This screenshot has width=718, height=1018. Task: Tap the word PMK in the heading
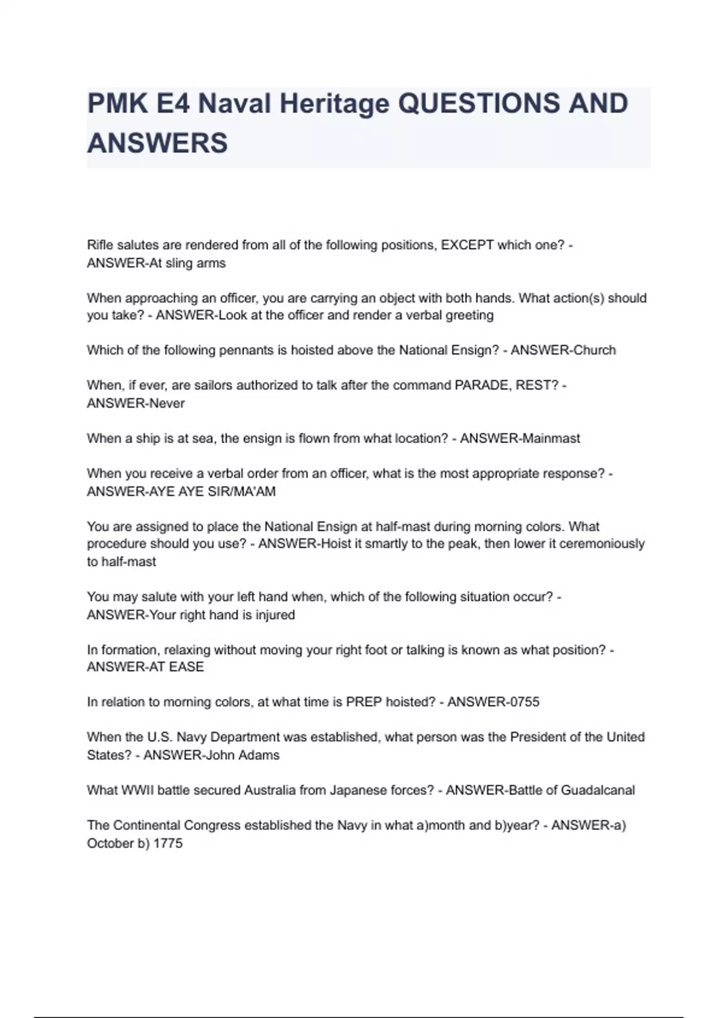[x=117, y=104]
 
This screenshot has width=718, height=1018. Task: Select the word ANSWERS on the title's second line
[x=157, y=144]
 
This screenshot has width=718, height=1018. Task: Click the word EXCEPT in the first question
[x=467, y=245]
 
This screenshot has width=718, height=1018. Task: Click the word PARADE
[x=481, y=385]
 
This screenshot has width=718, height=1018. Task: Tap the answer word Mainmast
[x=550, y=438]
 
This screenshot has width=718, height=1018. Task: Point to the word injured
[x=275, y=615]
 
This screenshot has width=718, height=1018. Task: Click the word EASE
[x=186, y=667]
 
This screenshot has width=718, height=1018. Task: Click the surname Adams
[x=259, y=755]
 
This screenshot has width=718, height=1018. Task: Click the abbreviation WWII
[x=137, y=790]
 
